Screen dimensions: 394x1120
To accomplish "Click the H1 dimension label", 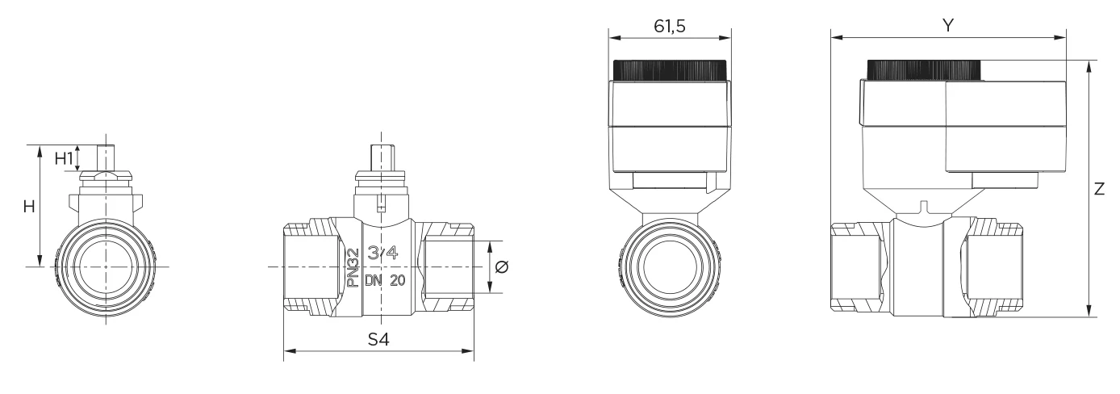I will (x=63, y=158).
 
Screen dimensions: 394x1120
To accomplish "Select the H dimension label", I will (x=29, y=207).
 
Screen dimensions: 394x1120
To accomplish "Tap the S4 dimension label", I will (x=378, y=340).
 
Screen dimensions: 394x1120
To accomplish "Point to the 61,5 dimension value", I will (x=669, y=26).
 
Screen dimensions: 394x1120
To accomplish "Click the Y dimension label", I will (x=949, y=26).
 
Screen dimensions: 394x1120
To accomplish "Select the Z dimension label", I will (x=1100, y=190).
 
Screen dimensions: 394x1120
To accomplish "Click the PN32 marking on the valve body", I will (x=352, y=268).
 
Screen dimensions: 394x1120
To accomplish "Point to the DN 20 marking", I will (x=386, y=281).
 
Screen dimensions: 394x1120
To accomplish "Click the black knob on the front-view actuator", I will (x=669, y=70).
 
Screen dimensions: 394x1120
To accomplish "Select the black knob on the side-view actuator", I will (x=925, y=70).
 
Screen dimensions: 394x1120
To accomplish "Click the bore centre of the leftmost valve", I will (x=103, y=266).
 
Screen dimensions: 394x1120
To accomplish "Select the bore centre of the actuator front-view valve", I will (x=669, y=266).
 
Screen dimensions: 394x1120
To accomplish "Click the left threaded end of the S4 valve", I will (x=307, y=266).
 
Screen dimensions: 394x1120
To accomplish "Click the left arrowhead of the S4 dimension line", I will (x=287, y=351).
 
